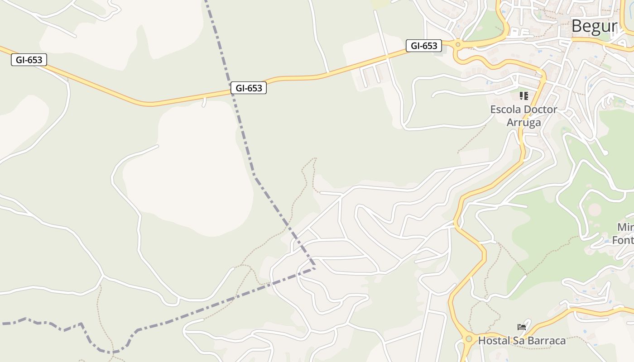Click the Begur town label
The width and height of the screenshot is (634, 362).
click(x=594, y=26)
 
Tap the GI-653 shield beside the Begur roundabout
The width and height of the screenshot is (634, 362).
click(x=423, y=46)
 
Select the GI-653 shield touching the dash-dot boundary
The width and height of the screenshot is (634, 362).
click(x=249, y=88)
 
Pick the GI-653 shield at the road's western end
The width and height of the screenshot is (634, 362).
click(x=29, y=60)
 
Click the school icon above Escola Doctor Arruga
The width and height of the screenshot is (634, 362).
click(x=524, y=95)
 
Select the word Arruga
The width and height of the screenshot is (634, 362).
click(x=524, y=122)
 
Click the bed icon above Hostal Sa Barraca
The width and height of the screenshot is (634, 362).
click(x=522, y=327)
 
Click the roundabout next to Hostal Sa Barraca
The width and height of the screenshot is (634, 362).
click(x=468, y=338)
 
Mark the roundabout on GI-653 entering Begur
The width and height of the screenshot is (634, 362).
click(x=458, y=44)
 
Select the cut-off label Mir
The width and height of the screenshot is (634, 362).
click(x=625, y=227)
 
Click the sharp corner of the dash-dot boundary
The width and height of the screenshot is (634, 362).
click(x=315, y=268)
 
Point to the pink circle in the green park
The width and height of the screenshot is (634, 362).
click(x=595, y=210)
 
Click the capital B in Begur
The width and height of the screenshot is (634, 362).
click(x=576, y=26)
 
